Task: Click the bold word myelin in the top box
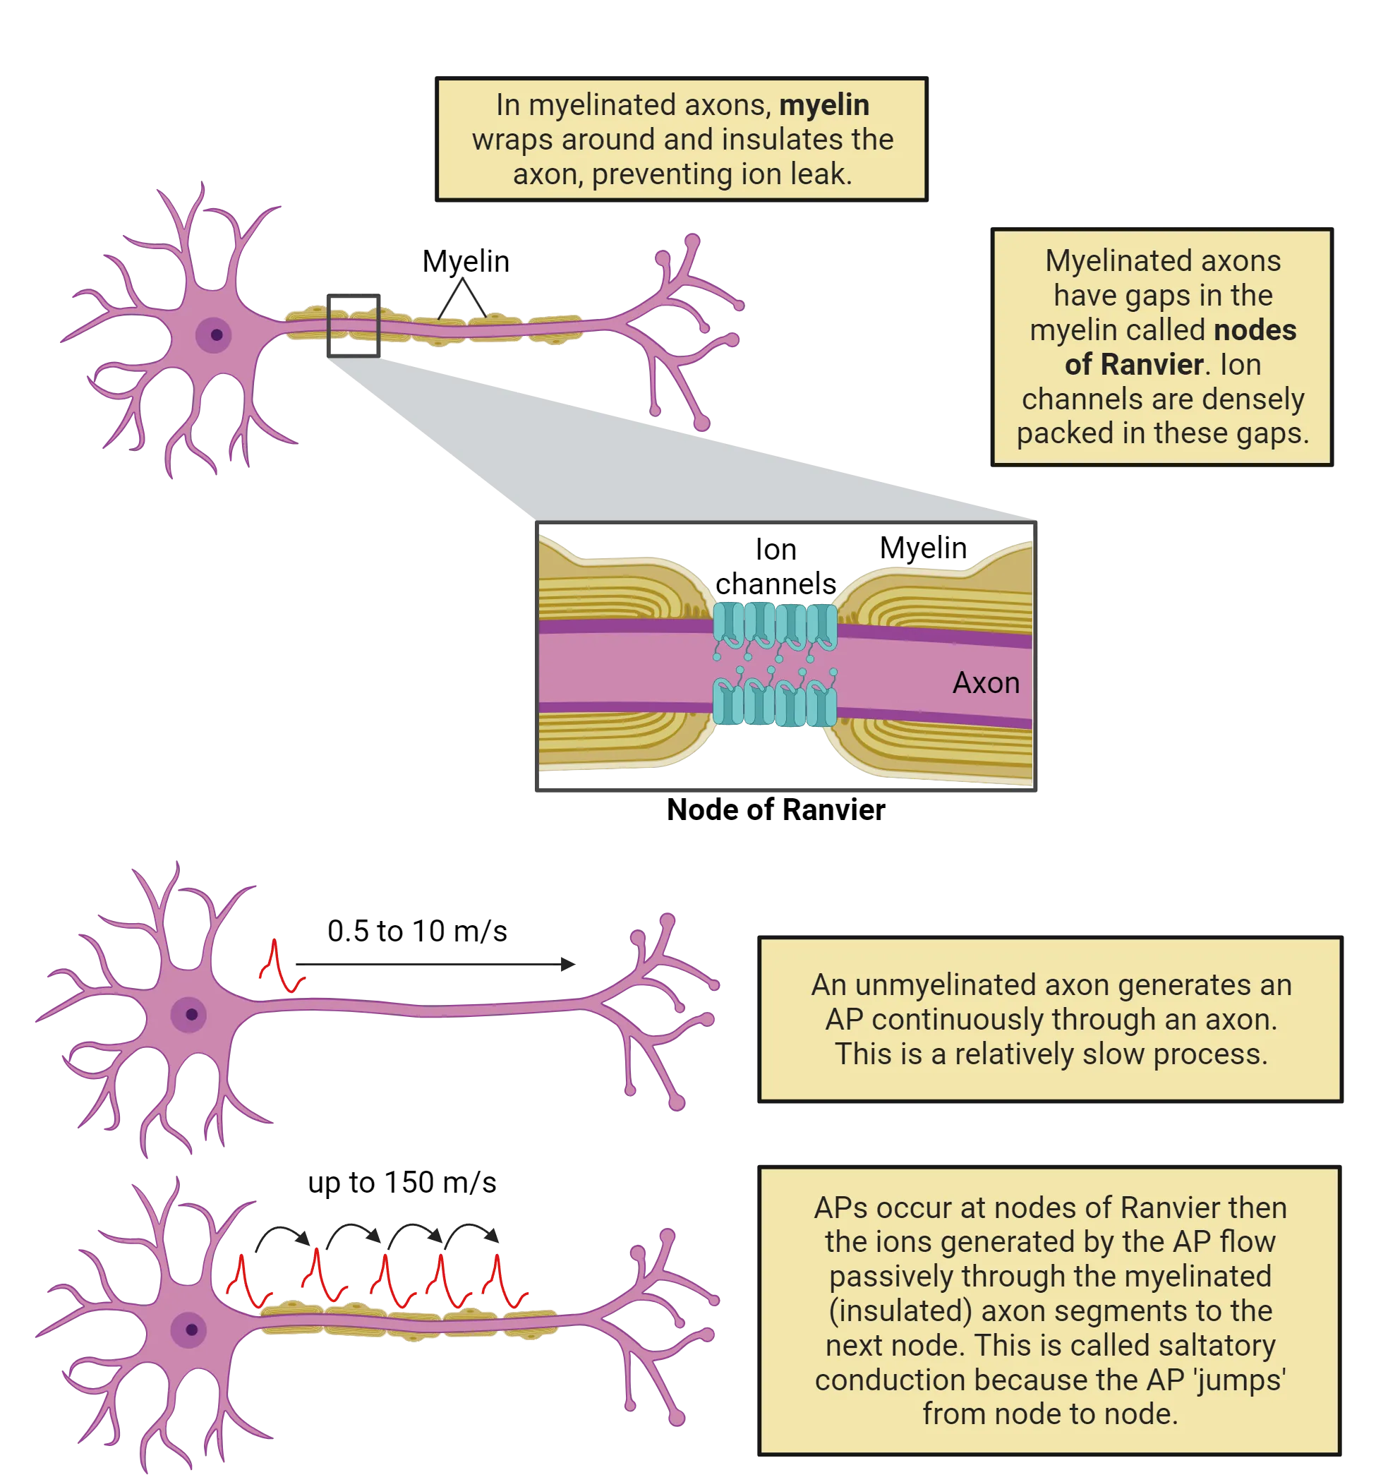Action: click(823, 105)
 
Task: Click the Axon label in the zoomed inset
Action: click(986, 682)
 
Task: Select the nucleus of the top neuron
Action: click(216, 335)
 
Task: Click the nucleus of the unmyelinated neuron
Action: click(191, 1013)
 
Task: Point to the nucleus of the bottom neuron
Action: click(191, 1330)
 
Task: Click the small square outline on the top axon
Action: click(352, 326)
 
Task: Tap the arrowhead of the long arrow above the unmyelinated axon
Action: click(568, 964)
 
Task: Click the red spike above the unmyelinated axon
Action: click(275, 965)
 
